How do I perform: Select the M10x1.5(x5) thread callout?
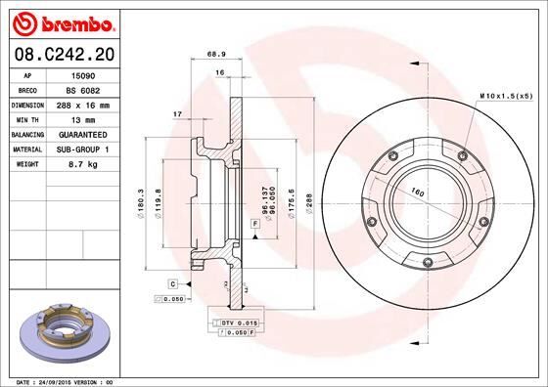(x=506, y=95)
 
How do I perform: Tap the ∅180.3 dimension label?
(x=142, y=202)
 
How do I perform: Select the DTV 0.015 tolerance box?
(x=236, y=322)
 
